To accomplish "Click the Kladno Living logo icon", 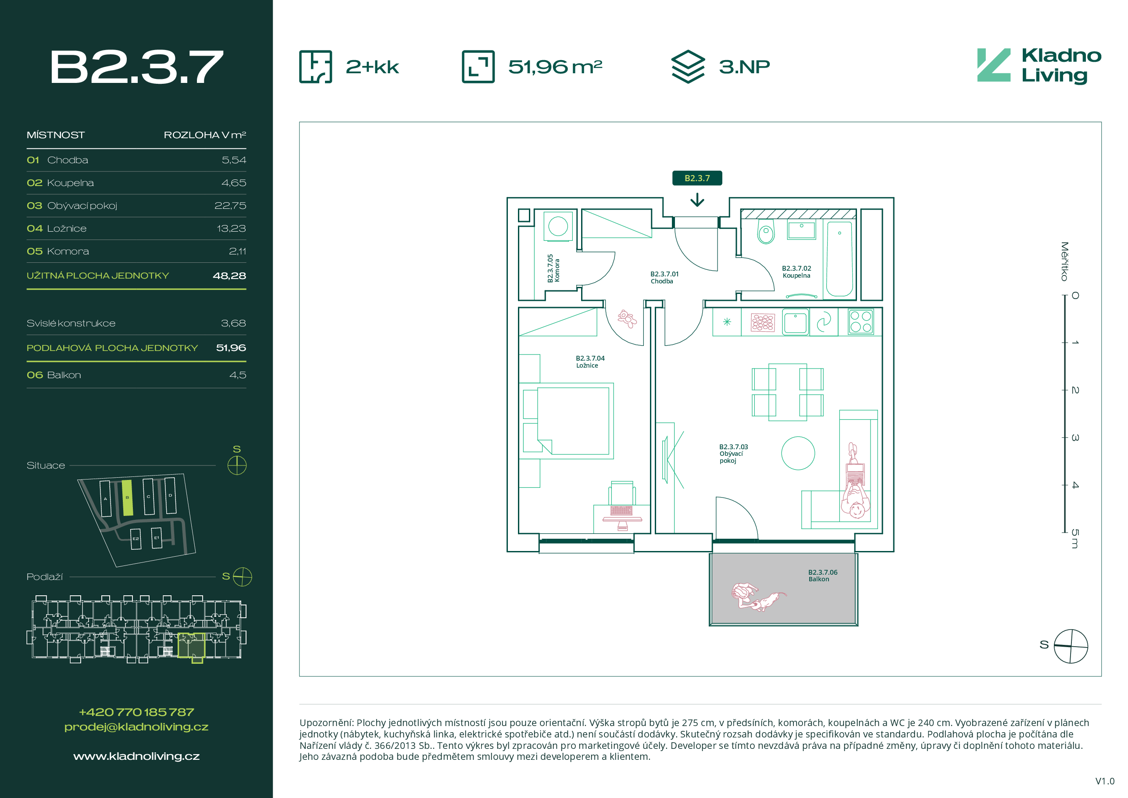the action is tap(993, 65).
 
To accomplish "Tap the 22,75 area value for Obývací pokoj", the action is tap(230, 205).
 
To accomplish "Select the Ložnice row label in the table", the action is tap(67, 229).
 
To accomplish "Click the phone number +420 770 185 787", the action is tap(136, 712).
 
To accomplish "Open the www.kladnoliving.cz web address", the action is tap(136, 756).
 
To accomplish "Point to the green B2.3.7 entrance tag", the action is tap(697, 178).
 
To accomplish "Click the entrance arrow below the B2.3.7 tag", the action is tap(697, 200).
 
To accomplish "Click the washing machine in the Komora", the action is tap(558, 226).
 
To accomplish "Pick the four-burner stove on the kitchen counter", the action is tap(861, 322).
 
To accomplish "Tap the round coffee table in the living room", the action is tap(798, 453).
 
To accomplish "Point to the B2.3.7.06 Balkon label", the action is tap(822, 576).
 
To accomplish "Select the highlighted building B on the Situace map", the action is tap(127, 498).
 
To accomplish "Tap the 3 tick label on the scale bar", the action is tap(1075, 437).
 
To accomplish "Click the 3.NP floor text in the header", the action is tap(744, 66).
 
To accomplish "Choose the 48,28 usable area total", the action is tap(229, 276).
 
